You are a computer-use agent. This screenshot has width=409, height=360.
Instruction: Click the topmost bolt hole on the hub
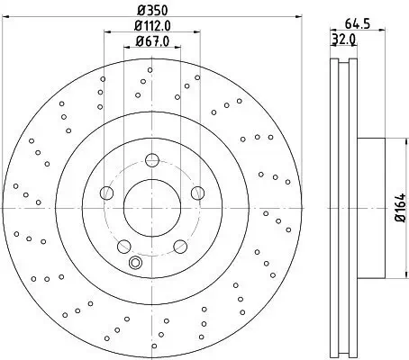click(x=150, y=163)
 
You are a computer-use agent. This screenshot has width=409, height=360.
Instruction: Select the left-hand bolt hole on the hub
click(x=107, y=193)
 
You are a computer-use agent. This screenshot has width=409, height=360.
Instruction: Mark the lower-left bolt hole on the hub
click(x=124, y=245)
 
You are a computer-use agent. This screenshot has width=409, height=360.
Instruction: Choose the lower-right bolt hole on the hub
click(x=177, y=245)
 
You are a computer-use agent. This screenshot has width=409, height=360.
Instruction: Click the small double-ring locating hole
click(x=136, y=263)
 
